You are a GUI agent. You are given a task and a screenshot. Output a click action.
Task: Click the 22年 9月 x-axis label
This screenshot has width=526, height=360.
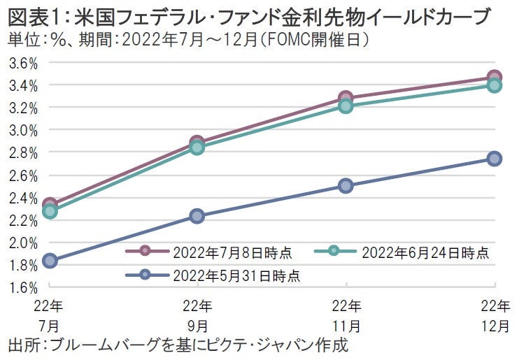pos(198,315)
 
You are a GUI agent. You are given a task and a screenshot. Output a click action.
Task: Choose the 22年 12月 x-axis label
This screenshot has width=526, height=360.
pos(495,315)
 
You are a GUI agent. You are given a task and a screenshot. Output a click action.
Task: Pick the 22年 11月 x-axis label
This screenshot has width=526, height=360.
pos(346,315)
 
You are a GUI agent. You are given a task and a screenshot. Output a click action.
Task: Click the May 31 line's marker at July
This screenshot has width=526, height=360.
pos(50,261)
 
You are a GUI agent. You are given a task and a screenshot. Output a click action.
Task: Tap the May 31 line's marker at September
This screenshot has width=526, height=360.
pos(198,216)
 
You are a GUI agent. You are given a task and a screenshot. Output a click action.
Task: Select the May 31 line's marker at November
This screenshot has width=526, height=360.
pos(346,186)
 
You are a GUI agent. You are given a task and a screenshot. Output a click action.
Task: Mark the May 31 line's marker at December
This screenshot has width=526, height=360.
pos(495,159)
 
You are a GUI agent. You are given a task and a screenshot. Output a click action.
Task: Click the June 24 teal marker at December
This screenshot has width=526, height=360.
pos(495,85)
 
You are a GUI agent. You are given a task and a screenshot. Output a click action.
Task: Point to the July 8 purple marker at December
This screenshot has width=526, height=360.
pos(495,77)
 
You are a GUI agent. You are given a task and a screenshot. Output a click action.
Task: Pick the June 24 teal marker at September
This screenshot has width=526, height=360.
pos(198,147)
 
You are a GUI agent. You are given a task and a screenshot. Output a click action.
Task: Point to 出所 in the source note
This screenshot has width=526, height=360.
pos(21,345)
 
